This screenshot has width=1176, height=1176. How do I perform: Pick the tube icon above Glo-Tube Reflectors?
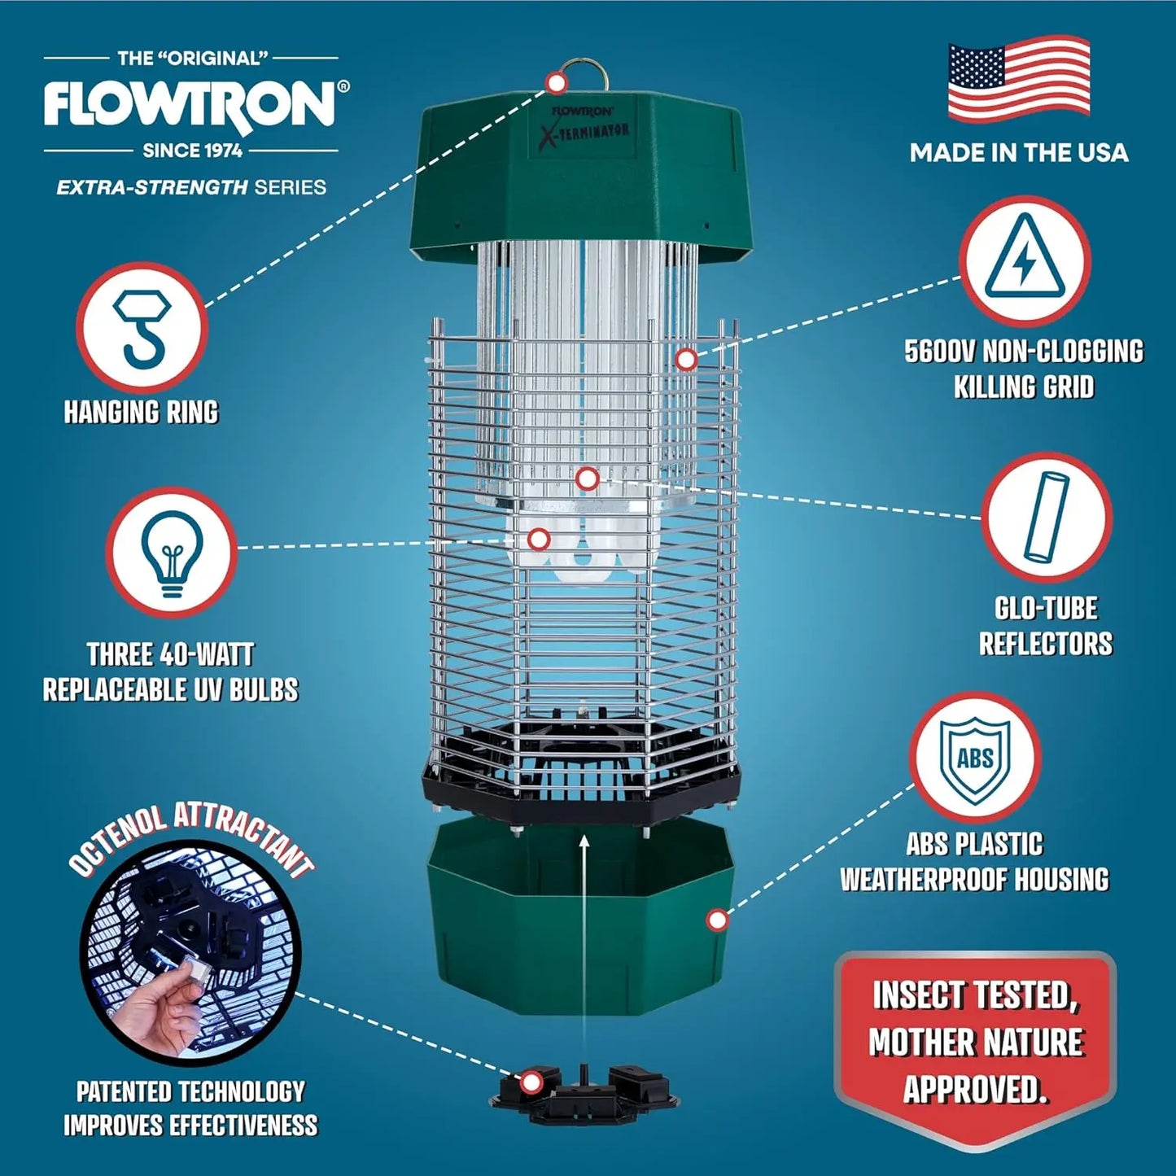1047,517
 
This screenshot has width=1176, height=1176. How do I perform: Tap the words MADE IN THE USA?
1018,152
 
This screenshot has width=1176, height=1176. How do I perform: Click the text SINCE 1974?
192,151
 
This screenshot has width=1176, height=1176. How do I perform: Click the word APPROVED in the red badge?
975,1089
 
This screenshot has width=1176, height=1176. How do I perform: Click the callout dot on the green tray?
717,920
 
